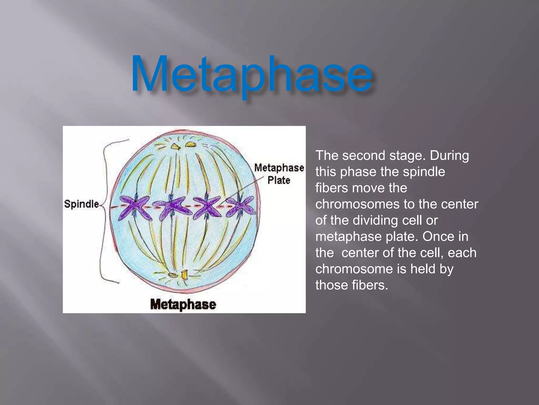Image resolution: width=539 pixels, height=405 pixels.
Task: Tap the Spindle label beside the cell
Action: coord(82,204)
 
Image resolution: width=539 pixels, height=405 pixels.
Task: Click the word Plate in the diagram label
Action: coord(279,180)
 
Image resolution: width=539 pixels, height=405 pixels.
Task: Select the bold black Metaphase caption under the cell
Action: coord(183,304)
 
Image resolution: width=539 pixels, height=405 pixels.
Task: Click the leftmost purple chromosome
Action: coord(134,207)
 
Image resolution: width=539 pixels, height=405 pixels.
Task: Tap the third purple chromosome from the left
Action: coord(207,207)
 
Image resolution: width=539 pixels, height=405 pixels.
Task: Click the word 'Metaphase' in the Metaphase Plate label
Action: coord(279,168)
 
